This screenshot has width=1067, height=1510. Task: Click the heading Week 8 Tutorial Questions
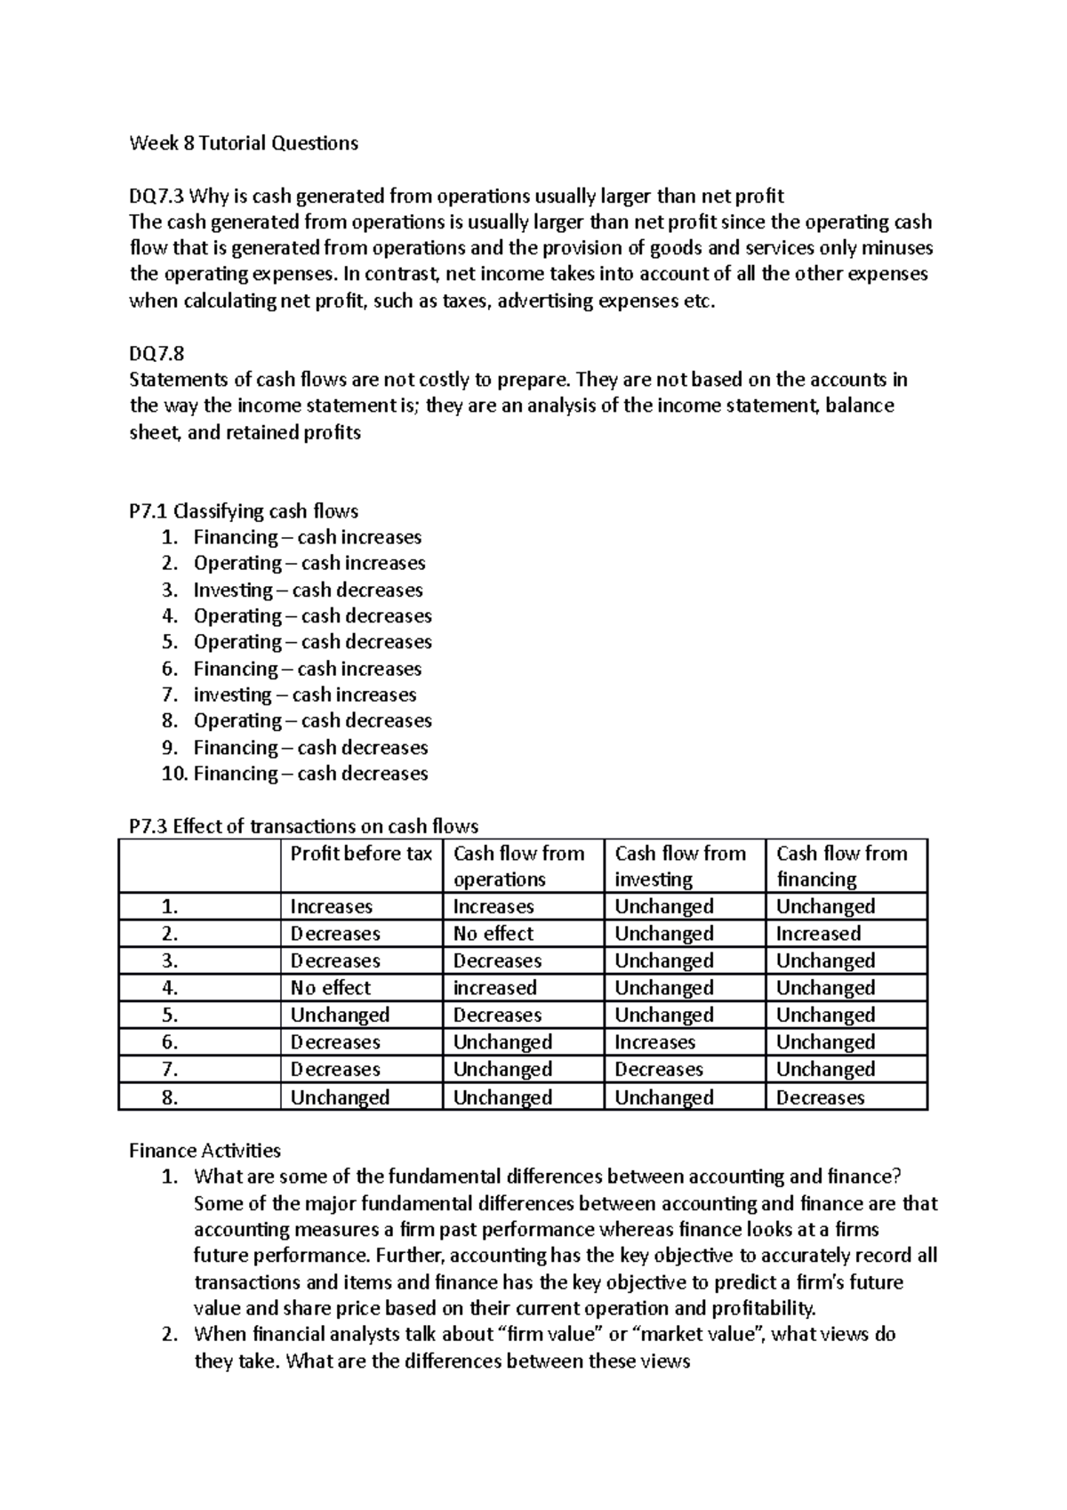click(x=244, y=143)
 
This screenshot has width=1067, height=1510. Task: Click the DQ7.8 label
click(x=156, y=354)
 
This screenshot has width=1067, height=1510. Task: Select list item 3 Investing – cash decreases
click(x=308, y=590)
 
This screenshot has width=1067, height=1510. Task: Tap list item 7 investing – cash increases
click(x=304, y=695)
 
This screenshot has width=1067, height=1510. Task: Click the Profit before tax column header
click(x=361, y=854)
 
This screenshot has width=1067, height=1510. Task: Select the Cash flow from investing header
click(x=680, y=865)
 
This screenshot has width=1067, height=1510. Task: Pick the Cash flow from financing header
click(x=841, y=865)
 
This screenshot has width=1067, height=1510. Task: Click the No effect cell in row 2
click(x=493, y=934)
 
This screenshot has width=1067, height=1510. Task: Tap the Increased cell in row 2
click(x=818, y=934)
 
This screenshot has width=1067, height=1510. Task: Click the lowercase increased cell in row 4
click(x=494, y=988)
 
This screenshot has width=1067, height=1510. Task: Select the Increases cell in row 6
click(x=654, y=1042)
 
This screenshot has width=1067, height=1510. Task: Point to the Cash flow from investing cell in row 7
click(x=658, y=1070)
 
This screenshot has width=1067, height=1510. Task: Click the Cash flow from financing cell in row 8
click(x=820, y=1097)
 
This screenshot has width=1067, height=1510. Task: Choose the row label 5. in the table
click(x=171, y=1016)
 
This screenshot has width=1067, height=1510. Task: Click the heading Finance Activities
click(x=205, y=1151)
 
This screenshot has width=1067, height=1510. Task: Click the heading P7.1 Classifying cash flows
click(x=244, y=511)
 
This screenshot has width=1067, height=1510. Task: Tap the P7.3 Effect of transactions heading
click(x=303, y=826)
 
